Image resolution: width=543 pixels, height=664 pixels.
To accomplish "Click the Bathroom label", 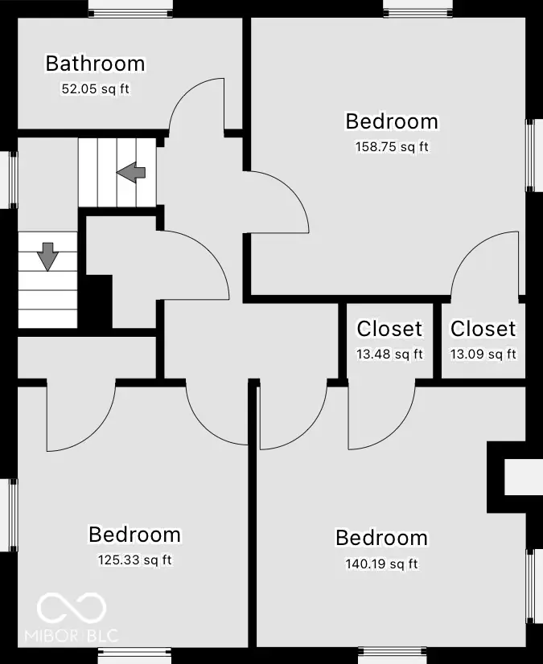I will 95,64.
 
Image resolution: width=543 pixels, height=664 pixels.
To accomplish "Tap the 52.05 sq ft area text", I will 95,88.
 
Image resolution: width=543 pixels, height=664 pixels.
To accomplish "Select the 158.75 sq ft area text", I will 392,147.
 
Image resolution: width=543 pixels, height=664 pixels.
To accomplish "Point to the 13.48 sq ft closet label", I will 389,354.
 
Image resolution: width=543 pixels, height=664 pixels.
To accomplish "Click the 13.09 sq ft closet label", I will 483,354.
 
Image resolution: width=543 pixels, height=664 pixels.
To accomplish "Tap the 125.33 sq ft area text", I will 134,559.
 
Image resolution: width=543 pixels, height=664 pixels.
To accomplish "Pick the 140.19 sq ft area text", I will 381,564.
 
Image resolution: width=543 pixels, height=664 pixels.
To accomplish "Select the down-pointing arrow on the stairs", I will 47,256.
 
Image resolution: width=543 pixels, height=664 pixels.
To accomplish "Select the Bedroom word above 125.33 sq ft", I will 134,535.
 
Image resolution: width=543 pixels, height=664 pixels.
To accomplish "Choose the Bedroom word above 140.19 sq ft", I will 381,538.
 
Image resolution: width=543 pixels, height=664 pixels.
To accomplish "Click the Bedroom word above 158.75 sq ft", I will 392,121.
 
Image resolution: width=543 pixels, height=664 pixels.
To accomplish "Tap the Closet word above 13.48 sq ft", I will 389,329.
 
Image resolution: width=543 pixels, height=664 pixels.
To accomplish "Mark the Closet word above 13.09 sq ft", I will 483,329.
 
